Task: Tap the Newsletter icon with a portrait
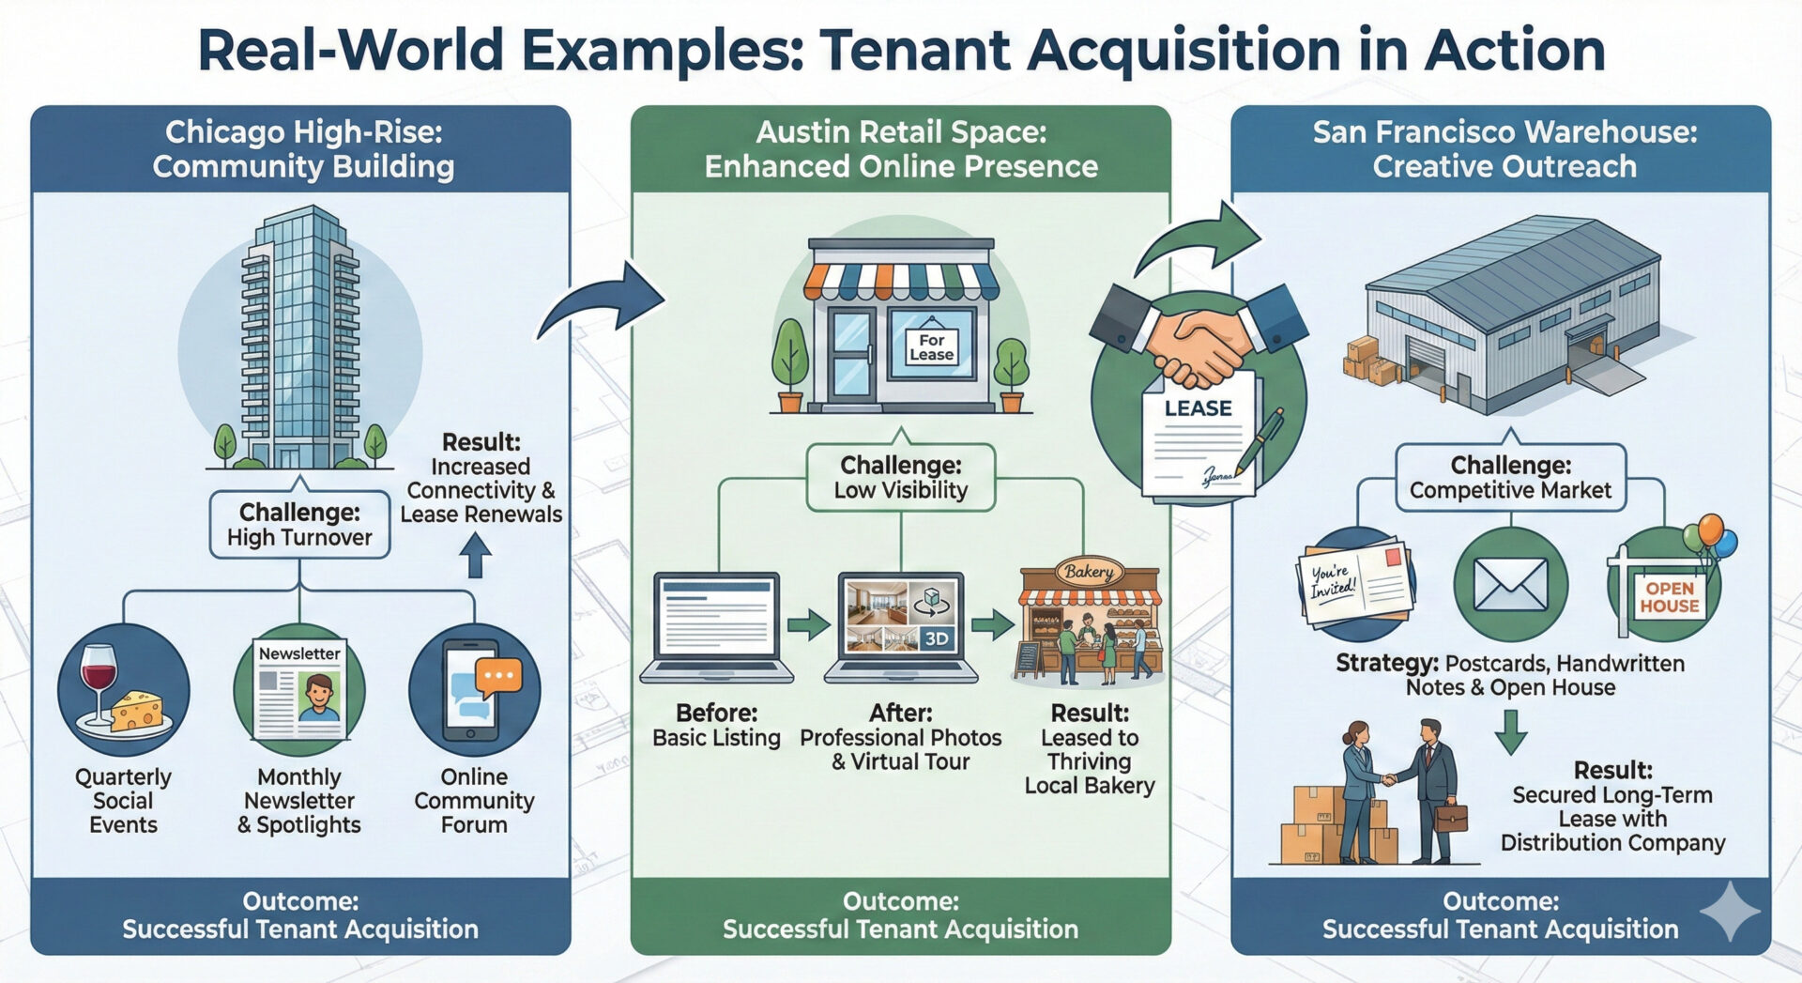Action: [x=299, y=690]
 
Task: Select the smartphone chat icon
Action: [x=475, y=691]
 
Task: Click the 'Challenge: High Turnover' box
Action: [x=299, y=525]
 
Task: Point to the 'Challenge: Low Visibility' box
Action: [x=900, y=478]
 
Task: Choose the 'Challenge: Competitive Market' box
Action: [x=1509, y=478]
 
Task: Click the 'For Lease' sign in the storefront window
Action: [x=931, y=347]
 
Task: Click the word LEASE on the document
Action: [x=1198, y=408]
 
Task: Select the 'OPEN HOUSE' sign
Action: [x=1669, y=597]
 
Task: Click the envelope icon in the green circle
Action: [x=1510, y=584]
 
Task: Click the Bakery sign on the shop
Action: [x=1089, y=571]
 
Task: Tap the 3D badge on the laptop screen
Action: [x=936, y=638]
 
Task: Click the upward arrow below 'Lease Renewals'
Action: [x=476, y=555]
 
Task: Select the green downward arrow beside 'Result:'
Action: [x=1510, y=731]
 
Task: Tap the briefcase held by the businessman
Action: [x=1451, y=816]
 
